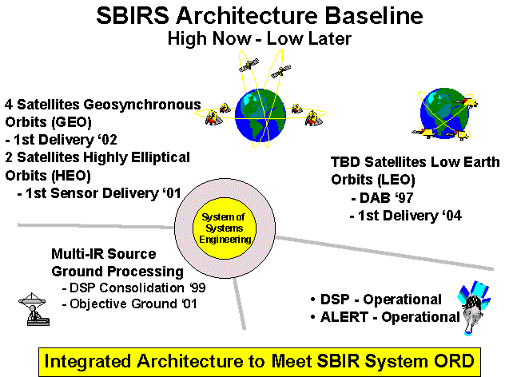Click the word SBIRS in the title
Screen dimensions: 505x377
click(x=133, y=16)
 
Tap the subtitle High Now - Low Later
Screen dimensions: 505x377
click(x=260, y=38)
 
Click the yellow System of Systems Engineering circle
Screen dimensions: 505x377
click(x=225, y=228)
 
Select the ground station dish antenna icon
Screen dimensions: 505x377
click(x=34, y=309)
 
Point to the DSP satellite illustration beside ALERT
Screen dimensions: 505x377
click(x=473, y=308)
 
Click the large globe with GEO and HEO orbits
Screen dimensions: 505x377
click(x=260, y=115)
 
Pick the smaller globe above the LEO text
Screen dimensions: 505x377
click(x=444, y=113)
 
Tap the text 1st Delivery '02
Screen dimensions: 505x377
click(x=62, y=140)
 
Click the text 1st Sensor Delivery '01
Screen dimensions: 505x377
click(x=99, y=193)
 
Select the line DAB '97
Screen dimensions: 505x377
click(x=382, y=197)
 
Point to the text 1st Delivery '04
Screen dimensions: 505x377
click(x=406, y=216)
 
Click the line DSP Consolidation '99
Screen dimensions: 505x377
click(x=134, y=288)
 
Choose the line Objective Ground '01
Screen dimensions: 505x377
click(x=129, y=304)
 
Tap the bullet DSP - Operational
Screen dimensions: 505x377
click(x=376, y=300)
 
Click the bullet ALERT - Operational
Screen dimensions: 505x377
click(x=385, y=317)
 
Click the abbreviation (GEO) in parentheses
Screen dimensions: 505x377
click(x=70, y=122)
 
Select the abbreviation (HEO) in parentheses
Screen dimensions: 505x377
click(x=70, y=176)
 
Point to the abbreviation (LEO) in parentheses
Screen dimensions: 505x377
click(x=394, y=180)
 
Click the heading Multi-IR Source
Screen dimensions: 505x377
click(x=104, y=254)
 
